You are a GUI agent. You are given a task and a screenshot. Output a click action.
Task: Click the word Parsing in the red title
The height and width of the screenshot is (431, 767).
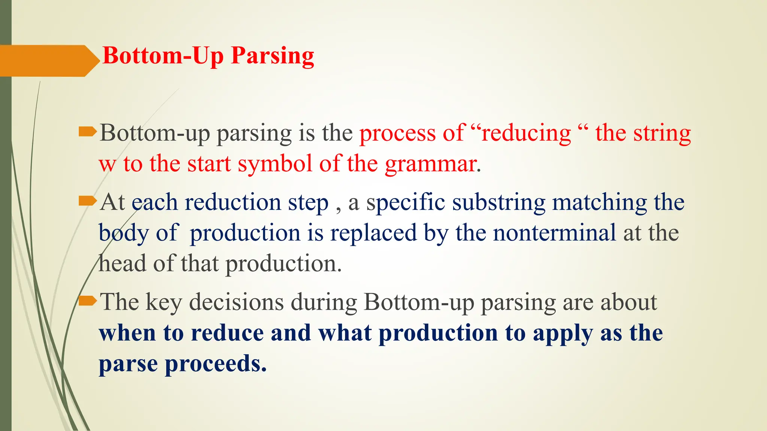point(272,56)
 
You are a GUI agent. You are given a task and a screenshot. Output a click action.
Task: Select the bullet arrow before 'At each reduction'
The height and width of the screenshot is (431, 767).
point(88,202)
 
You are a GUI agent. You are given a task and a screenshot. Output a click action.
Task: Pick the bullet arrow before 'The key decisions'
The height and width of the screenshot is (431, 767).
point(88,300)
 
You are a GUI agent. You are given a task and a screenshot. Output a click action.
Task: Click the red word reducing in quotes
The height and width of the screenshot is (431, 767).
point(526,133)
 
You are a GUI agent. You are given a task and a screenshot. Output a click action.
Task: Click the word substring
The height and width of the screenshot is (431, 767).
point(498,203)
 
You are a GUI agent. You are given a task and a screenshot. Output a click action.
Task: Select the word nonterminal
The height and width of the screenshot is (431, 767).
point(554,233)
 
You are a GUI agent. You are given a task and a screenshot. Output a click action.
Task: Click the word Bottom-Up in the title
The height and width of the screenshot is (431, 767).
point(163,56)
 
